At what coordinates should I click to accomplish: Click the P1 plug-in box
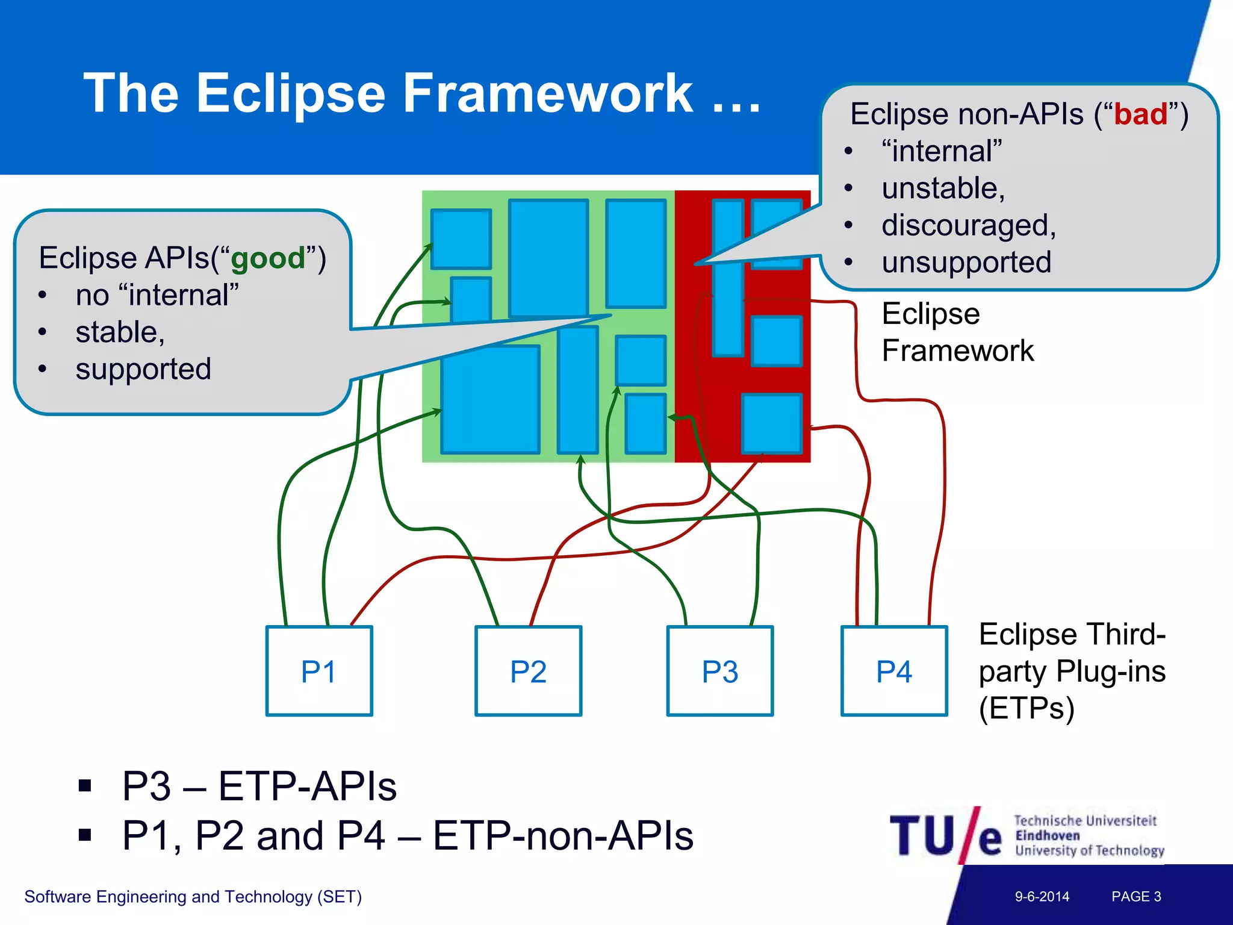click(x=319, y=671)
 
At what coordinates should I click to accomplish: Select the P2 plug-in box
click(x=528, y=671)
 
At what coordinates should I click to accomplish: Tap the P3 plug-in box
click(x=719, y=671)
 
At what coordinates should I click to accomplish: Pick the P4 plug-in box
click(x=894, y=671)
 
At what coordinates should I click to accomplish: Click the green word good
click(x=268, y=259)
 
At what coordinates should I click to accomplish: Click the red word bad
click(x=1140, y=114)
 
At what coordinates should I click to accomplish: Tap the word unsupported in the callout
click(x=966, y=263)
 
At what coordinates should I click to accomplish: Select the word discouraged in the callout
click(x=967, y=226)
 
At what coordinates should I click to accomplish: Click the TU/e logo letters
click(x=945, y=835)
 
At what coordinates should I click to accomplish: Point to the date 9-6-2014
click(x=1042, y=896)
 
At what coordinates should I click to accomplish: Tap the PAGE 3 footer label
click(x=1136, y=896)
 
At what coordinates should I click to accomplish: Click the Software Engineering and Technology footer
click(x=193, y=897)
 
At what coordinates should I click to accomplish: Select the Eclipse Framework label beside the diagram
click(x=957, y=332)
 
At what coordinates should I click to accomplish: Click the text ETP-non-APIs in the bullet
click(x=563, y=836)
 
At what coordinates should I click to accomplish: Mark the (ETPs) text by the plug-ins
click(x=1026, y=708)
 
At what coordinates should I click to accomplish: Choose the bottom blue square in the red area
click(x=772, y=423)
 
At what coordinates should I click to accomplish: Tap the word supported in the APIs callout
click(x=143, y=369)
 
